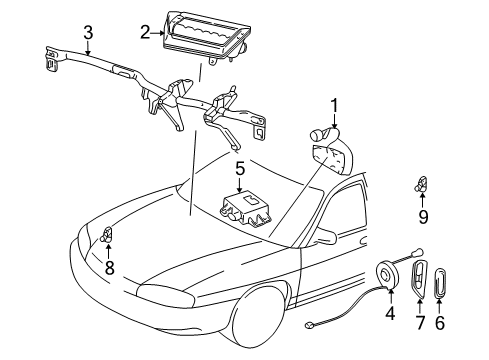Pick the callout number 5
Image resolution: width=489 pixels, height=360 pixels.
click(240, 167)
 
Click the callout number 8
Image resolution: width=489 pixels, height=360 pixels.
click(107, 268)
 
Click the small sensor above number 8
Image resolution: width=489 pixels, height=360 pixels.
click(106, 237)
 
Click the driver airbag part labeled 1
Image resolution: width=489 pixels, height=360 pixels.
click(328, 160)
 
